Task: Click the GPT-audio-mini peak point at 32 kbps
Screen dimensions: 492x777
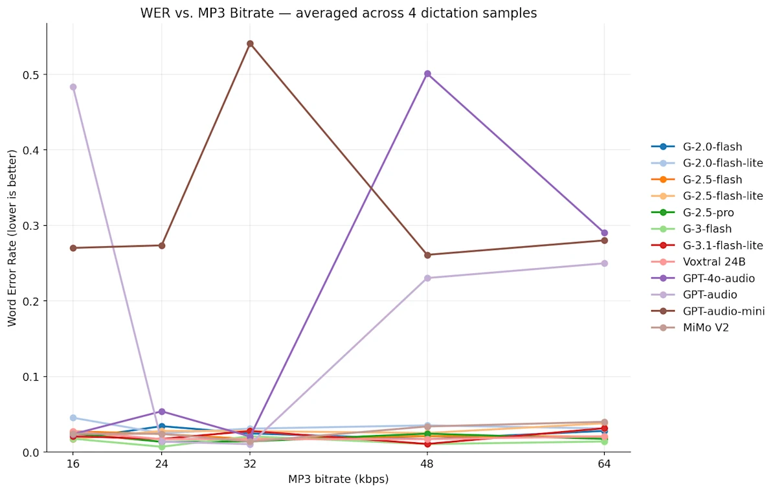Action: [x=250, y=44]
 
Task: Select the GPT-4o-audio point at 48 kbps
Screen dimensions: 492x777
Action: [x=427, y=74]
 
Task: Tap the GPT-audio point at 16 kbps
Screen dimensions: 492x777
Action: [x=73, y=87]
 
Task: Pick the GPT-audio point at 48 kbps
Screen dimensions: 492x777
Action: [x=427, y=278]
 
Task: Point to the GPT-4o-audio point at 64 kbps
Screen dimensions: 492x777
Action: [x=604, y=233]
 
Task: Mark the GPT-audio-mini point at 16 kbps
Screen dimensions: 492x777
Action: [x=73, y=248]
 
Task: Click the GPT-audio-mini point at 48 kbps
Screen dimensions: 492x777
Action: [x=427, y=255]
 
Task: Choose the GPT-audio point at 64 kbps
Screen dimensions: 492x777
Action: [x=604, y=263]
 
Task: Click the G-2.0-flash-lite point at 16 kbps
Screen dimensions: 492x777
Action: [x=73, y=418]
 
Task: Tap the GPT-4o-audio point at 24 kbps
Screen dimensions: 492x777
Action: [x=162, y=412]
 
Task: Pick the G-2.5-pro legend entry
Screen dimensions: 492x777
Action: [x=708, y=212]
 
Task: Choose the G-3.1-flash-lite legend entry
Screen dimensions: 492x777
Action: [x=723, y=245]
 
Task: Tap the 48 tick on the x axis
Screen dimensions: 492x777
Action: [x=427, y=464]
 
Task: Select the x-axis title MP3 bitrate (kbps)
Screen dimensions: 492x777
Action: [x=338, y=480]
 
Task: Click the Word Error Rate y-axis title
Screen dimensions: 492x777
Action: [x=12, y=238]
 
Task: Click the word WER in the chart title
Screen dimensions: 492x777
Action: [x=154, y=13]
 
